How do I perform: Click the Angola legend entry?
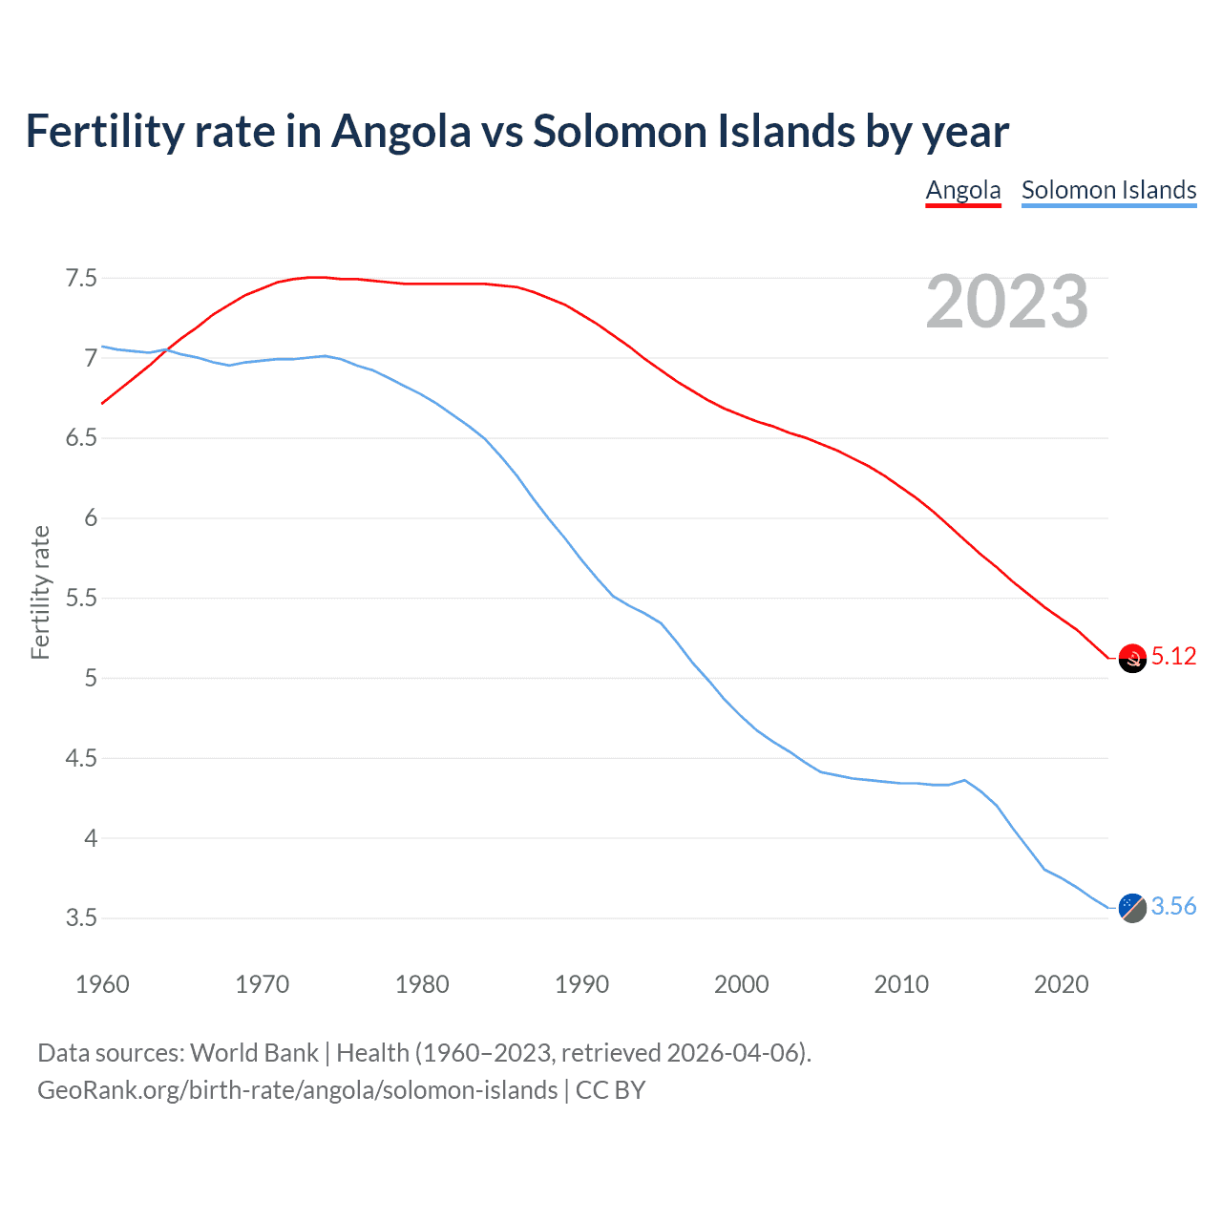[x=962, y=190]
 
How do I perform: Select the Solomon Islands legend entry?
[x=1108, y=190]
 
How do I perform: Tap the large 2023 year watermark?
[x=1006, y=302]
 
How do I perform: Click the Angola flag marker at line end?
[x=1131, y=658]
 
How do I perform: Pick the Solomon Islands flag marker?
[x=1131, y=908]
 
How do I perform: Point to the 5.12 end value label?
[x=1173, y=657]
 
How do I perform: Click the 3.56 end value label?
[x=1173, y=907]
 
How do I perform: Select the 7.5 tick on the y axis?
[x=81, y=279]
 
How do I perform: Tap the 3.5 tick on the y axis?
[x=81, y=918]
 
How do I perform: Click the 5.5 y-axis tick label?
[x=81, y=599]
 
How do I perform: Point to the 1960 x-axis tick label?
[x=102, y=984]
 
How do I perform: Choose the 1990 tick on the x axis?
[x=581, y=984]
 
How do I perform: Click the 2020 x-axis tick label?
[x=1061, y=984]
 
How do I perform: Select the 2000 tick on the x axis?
[x=741, y=984]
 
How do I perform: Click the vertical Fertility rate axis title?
[x=40, y=592]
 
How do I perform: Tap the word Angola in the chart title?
[x=401, y=132]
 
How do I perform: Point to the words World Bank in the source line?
[x=254, y=1053]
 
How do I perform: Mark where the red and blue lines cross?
[x=165, y=350]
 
